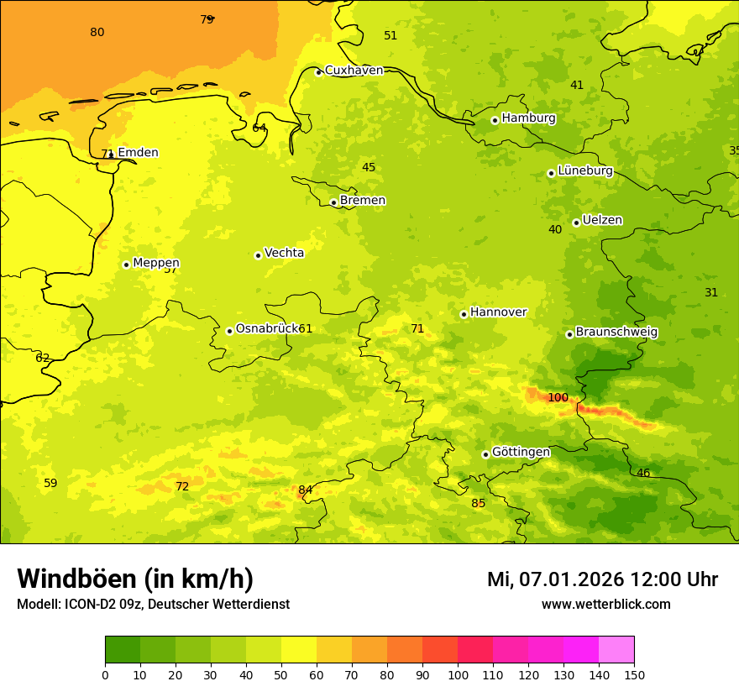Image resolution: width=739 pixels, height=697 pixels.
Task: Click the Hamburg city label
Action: [x=528, y=118]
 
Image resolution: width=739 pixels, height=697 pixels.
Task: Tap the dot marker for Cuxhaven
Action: [x=318, y=72]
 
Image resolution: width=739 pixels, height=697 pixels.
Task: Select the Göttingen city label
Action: [x=521, y=452]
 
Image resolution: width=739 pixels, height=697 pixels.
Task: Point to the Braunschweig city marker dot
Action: [x=569, y=334]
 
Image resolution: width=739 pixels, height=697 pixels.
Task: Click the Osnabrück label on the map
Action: [x=267, y=328]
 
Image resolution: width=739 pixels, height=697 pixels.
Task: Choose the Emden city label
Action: [x=138, y=153]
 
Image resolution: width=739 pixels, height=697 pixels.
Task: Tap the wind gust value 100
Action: [x=558, y=397]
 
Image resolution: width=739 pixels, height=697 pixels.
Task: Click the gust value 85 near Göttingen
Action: [x=478, y=504]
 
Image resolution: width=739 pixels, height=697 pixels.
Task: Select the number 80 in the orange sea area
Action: [x=97, y=33]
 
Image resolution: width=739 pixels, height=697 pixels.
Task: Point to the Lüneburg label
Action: [x=584, y=170]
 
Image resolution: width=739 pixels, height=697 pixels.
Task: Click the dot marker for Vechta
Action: [x=258, y=255]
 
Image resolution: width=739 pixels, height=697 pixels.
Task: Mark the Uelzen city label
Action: [x=602, y=221]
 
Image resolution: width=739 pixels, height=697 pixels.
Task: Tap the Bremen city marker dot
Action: [x=333, y=202]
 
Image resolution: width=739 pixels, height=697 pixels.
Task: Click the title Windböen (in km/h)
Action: [x=135, y=579]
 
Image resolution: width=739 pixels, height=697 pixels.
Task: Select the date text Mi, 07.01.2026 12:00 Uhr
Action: [x=602, y=579]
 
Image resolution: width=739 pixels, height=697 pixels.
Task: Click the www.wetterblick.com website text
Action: [x=605, y=605]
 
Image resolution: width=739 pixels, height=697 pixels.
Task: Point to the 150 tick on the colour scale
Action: [x=633, y=674]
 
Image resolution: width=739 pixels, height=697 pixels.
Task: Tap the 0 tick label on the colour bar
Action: [x=105, y=674]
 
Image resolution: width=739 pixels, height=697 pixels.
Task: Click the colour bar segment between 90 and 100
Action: [x=440, y=649]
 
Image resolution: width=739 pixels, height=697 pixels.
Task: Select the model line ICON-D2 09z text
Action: [x=153, y=605]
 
